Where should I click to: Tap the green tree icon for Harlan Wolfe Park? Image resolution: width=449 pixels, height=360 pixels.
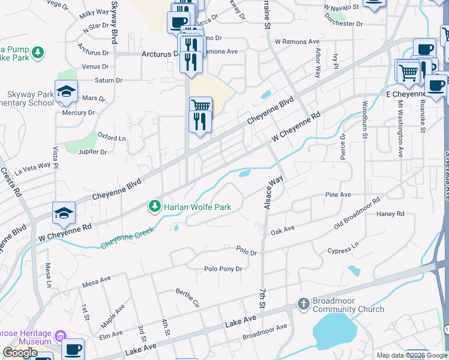(155, 207)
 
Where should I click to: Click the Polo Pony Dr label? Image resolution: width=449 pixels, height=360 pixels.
(223, 269)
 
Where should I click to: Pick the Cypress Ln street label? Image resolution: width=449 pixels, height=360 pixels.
(343, 249)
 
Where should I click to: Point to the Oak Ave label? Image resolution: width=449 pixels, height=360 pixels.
(283, 230)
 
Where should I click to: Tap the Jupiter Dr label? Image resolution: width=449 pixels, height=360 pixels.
(92, 152)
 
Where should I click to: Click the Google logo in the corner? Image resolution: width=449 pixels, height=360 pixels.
(20, 353)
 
